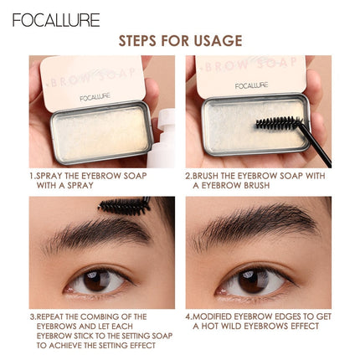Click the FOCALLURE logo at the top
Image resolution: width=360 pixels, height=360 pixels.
tap(56, 19)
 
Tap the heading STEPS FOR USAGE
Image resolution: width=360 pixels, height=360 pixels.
tap(180, 41)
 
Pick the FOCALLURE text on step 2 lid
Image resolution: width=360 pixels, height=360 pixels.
tap(249, 85)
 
